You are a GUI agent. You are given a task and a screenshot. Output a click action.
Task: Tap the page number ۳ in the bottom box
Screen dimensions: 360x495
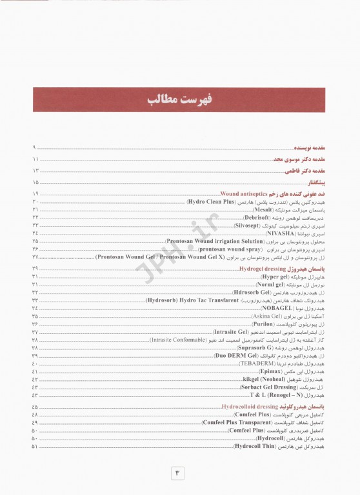pyautogui.click(x=179, y=473)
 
